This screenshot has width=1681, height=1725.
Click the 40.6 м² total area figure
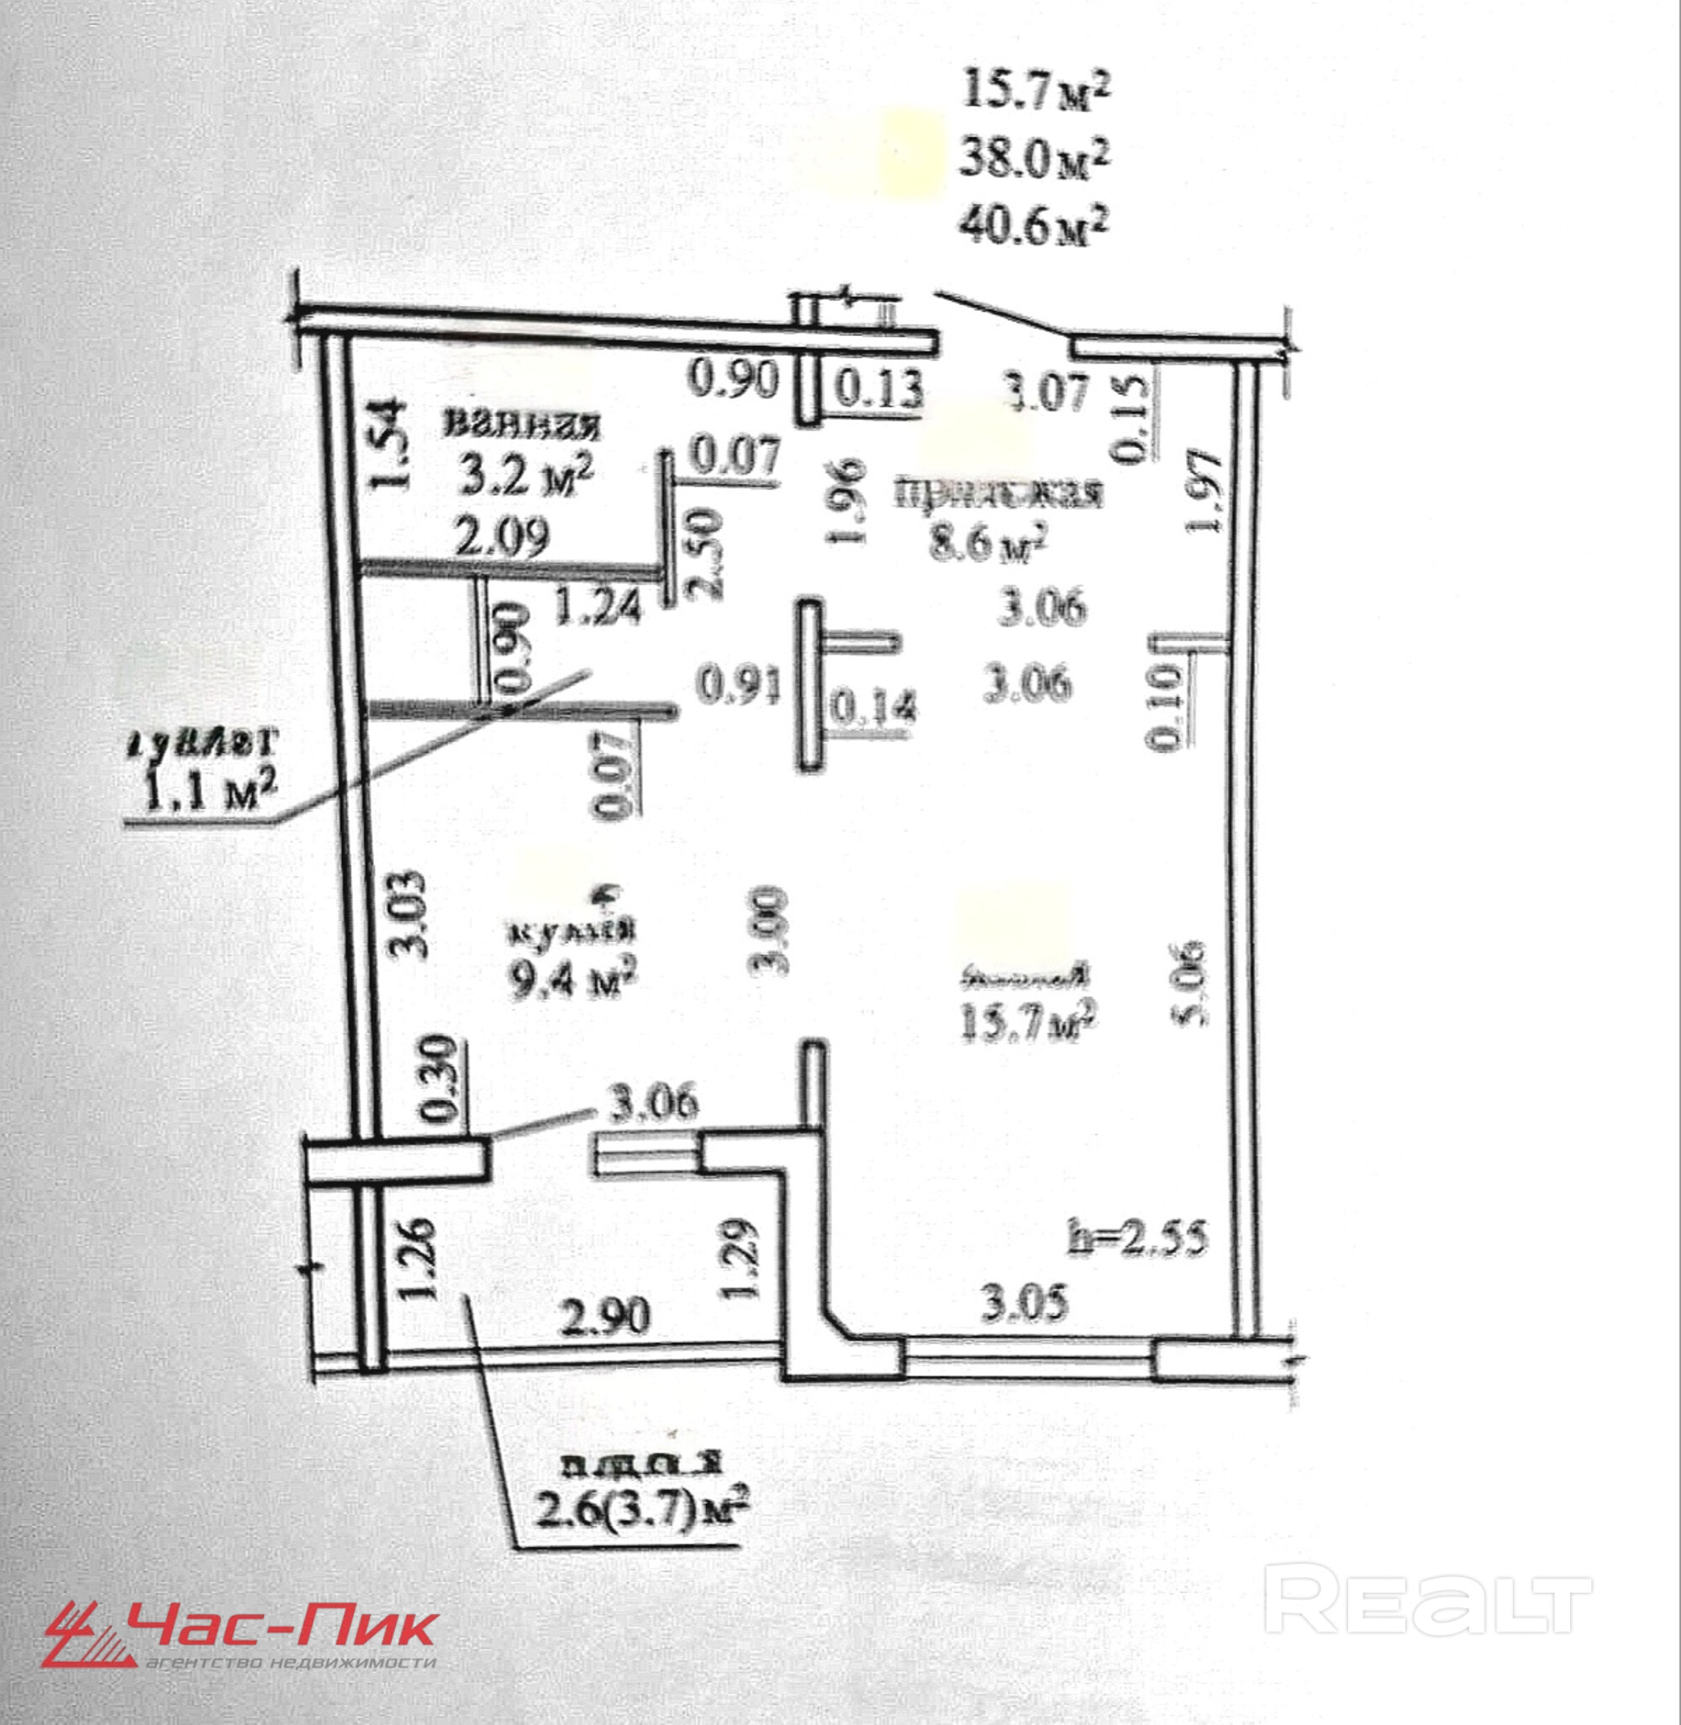coord(1033,226)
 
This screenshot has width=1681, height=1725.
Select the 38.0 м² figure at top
coord(1033,159)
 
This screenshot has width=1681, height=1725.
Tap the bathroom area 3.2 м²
coord(525,476)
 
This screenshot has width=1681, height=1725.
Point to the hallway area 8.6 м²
coord(987,541)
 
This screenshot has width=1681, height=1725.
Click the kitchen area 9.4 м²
coord(572,978)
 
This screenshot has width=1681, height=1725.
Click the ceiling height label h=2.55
coord(1136,1239)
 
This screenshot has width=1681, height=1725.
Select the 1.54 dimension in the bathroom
coord(386,444)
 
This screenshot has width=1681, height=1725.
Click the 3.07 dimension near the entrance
coord(1049,391)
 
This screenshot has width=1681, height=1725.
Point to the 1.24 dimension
coord(599,607)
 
